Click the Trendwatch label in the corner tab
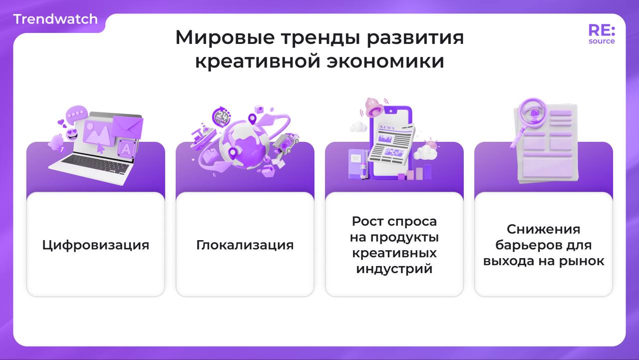coord(55,19)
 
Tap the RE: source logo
coord(602,34)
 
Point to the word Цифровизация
coord(95,245)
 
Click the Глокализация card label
coord(245,245)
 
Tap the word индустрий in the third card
coord(394,269)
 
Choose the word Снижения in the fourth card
coord(543,229)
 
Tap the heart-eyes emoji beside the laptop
coord(72,134)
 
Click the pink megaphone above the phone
coord(373,106)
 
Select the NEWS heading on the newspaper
coord(387,128)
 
